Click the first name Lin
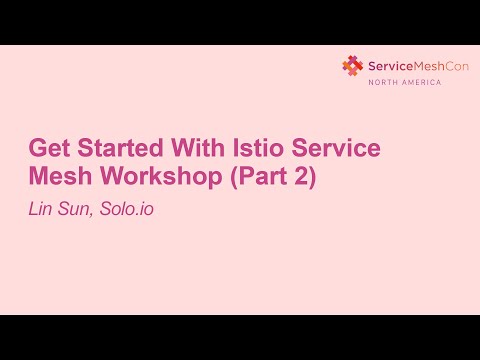coord(42,211)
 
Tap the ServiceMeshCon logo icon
coord(353,66)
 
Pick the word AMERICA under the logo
coord(421,82)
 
